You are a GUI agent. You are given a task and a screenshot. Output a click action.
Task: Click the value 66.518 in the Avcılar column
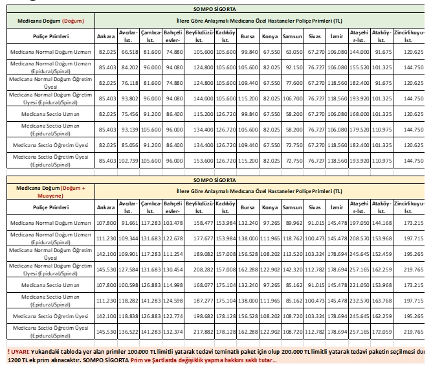(x=128, y=51)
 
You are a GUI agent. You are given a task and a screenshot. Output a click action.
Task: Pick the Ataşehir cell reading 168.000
(x=359, y=113)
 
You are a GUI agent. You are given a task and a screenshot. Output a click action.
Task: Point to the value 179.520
(x=359, y=129)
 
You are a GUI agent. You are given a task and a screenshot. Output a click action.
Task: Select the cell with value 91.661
(x=128, y=223)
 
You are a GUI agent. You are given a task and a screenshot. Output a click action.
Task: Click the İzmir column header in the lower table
(x=336, y=207)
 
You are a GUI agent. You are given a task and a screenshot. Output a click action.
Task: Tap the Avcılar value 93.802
(x=128, y=98)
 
